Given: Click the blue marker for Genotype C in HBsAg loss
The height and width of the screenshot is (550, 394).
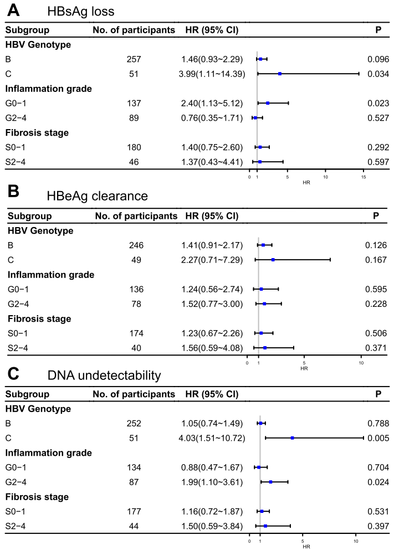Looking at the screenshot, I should tap(280, 74).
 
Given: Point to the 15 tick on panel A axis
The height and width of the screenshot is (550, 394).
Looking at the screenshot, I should tap(363, 178).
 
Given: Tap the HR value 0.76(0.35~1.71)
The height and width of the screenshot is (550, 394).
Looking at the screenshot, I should tap(212, 118).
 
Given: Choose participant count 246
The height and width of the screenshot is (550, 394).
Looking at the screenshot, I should tap(135, 245).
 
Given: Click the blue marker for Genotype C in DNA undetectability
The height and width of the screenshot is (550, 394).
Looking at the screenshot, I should tap(292, 438).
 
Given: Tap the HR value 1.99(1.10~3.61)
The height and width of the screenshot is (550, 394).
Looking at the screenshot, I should tap(212, 482).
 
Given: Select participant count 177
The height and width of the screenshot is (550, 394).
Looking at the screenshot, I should tap(135, 512).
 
